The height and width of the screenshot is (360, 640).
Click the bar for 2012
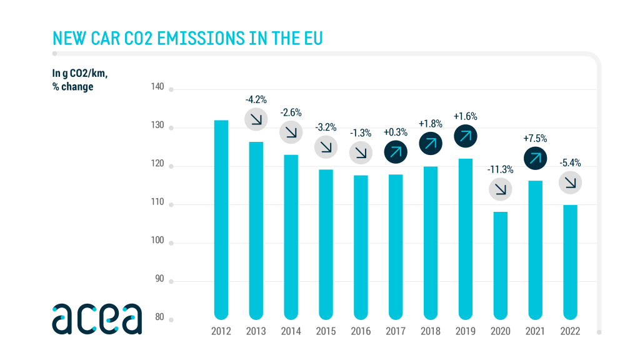pos(221,219)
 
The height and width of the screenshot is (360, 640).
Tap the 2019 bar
pos(465,238)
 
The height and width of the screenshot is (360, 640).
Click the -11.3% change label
pos(499,169)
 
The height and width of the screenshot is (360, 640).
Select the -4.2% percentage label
pos(256,99)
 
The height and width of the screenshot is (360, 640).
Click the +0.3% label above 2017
pos(395,132)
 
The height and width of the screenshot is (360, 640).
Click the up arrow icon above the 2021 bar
pos(535,157)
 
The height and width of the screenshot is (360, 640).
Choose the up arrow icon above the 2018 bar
pos(430,143)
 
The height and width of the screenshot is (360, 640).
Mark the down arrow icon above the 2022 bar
pos(570,182)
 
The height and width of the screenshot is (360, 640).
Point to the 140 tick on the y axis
pos(157,86)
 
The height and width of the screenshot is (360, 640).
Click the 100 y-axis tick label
pos(157,241)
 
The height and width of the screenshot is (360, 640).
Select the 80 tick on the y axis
pos(159,317)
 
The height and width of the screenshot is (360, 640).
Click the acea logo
pos(97,318)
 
